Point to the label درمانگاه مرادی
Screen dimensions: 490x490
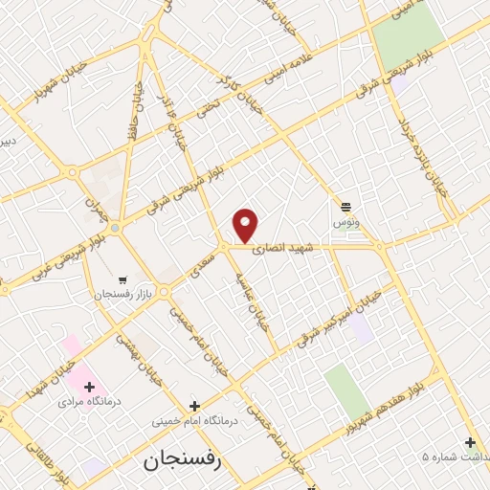tap(87, 404)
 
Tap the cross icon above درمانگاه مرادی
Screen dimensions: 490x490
tap(90, 388)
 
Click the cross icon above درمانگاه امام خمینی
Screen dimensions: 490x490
tap(194, 406)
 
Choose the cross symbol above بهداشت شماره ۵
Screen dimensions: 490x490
tap(469, 442)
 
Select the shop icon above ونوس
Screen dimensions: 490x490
tap(345, 207)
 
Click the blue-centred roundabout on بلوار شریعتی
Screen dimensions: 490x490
tap(114, 228)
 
